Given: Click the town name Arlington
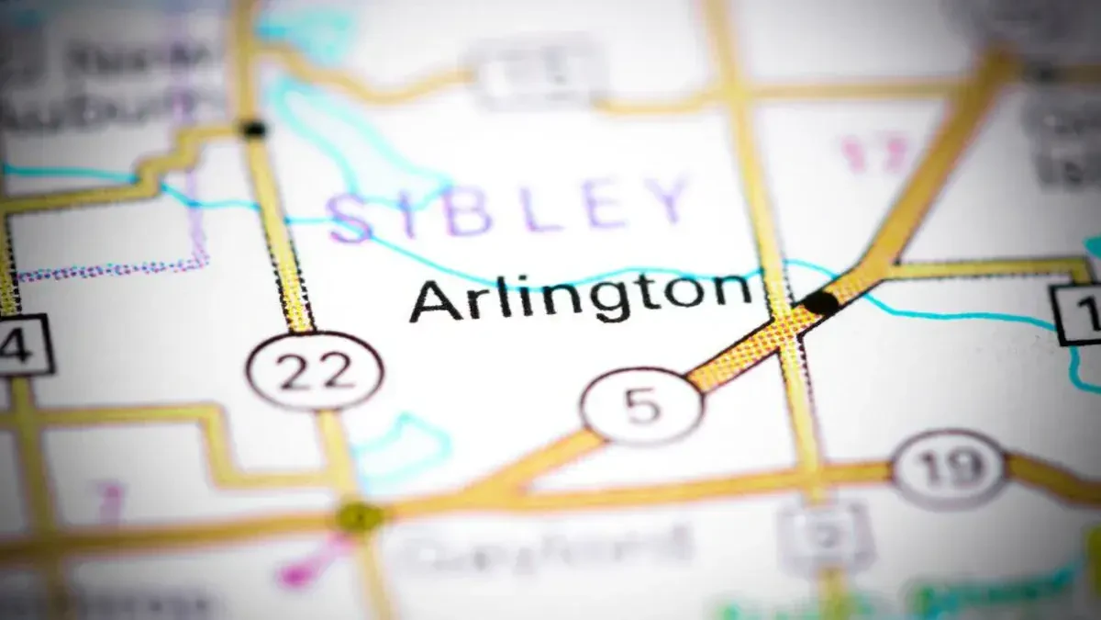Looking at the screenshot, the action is pyautogui.click(x=580, y=296).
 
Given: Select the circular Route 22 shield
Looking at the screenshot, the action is pyautogui.click(x=315, y=370).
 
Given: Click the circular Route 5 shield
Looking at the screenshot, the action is pyautogui.click(x=642, y=406).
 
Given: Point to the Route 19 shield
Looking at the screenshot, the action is pyautogui.click(x=950, y=468).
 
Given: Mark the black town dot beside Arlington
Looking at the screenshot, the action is pyautogui.click(x=819, y=302).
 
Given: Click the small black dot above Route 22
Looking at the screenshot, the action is pyautogui.click(x=252, y=130).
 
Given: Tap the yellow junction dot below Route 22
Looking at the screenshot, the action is pyautogui.click(x=360, y=516).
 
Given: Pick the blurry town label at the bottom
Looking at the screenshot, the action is pyautogui.click(x=550, y=548).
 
